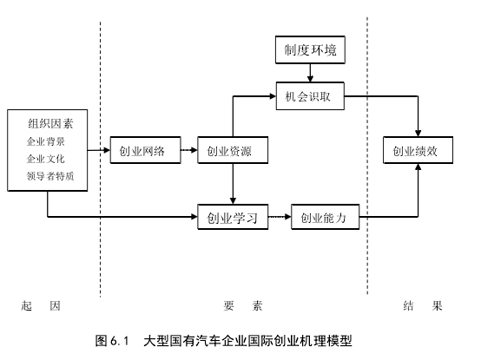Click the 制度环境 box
pos(310,50)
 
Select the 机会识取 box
pos(310,96)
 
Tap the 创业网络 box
pos(145,150)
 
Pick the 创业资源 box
pos(233,150)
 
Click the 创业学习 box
pos(233,217)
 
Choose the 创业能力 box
pos(326,217)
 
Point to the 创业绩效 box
pos(418,150)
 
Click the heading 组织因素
pos(50,124)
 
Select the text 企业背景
pos(46,141)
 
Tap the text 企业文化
pos(46,159)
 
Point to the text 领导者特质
pos(50,176)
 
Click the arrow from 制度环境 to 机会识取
pos(310,73)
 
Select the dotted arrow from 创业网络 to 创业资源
pos(189,150)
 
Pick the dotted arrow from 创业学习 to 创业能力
pos(280,217)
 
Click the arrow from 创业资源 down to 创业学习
pos(233,184)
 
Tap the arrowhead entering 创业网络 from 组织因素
pos(107,150)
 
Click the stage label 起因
pos(41,305)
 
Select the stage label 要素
pos(243,305)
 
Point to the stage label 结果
pos(423,305)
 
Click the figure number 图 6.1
pos(112,341)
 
